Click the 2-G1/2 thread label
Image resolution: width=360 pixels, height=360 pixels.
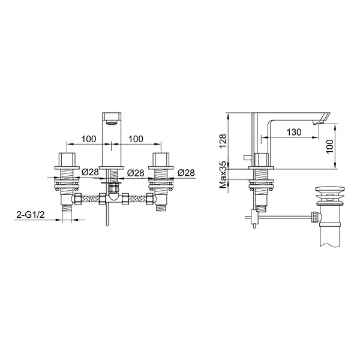(31, 215)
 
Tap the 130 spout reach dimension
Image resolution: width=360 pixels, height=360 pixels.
(294, 132)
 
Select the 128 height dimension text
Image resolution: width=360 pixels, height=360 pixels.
(223, 141)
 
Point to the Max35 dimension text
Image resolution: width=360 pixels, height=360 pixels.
(223, 175)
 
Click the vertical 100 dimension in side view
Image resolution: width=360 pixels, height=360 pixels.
(329, 146)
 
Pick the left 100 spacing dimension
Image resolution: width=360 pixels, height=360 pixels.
(89, 139)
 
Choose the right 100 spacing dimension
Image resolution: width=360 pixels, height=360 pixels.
(136, 139)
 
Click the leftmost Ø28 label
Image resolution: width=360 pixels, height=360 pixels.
(90, 172)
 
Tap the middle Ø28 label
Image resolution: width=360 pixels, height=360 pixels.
(136, 173)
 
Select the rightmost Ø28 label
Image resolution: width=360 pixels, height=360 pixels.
(186, 173)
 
